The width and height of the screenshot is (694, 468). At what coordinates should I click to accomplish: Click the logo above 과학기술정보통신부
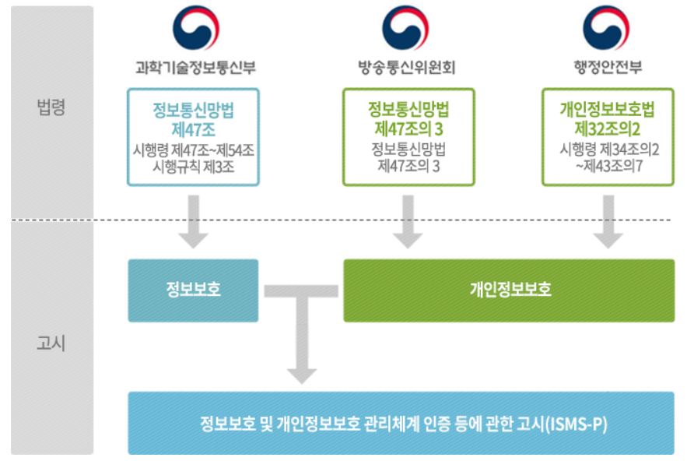[195, 27]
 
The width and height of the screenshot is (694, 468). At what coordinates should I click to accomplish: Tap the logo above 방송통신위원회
[405, 27]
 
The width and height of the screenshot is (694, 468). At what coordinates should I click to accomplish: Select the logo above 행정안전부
[606, 27]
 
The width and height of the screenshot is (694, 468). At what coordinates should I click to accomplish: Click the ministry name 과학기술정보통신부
[195, 68]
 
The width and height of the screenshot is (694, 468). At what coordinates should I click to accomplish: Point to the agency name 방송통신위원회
[407, 68]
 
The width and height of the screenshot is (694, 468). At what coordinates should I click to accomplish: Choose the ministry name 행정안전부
[608, 68]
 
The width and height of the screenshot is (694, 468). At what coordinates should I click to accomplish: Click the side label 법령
[51, 107]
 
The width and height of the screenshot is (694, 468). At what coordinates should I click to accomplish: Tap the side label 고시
[51, 343]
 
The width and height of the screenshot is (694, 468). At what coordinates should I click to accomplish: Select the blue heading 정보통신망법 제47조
[194, 119]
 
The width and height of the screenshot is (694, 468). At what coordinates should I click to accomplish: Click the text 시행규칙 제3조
[194, 167]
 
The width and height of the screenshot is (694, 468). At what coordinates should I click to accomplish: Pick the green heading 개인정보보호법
[607, 110]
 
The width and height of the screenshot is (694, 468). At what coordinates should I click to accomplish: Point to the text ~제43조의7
[609, 166]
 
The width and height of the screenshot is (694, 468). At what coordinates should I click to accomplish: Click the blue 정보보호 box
[193, 290]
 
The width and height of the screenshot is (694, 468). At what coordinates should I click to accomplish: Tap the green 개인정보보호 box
[509, 290]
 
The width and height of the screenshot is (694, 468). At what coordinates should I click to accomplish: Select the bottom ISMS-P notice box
[401, 424]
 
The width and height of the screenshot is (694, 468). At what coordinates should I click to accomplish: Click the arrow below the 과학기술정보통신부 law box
[194, 222]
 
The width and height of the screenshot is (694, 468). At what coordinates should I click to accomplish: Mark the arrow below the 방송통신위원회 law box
[408, 222]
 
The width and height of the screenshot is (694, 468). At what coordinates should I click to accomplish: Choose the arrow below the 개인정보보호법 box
[608, 222]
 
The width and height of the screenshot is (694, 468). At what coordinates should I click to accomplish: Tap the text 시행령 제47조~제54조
[194, 150]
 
